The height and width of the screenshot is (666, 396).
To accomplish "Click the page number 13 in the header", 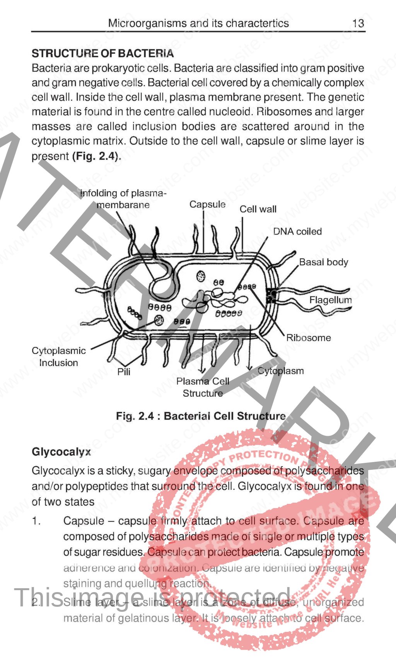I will (358, 23).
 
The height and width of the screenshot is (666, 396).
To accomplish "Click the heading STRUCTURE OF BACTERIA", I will (102, 53).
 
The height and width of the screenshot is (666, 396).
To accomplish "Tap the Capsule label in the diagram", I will (207, 204).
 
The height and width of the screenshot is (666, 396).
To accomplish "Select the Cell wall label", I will (258, 209).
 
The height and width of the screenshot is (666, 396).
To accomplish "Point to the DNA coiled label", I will (297, 231).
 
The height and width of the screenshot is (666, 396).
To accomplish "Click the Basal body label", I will (324, 262).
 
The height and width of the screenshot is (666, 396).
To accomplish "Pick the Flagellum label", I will (331, 300).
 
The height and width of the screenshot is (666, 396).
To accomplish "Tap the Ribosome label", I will (309, 338).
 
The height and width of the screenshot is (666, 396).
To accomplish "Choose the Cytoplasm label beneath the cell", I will (281, 371).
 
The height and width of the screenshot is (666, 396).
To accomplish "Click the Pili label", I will (124, 372).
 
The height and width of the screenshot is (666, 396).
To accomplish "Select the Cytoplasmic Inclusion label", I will (59, 357).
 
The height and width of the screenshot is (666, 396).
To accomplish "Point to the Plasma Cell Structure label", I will (203, 387).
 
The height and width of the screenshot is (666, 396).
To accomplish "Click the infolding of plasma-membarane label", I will (123, 199).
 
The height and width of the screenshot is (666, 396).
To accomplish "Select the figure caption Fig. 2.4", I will (201, 416).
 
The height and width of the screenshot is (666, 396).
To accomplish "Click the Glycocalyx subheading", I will (61, 452).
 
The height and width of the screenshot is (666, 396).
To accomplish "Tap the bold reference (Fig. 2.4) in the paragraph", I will (96, 156).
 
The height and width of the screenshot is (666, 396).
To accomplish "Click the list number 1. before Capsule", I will (36, 521).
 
